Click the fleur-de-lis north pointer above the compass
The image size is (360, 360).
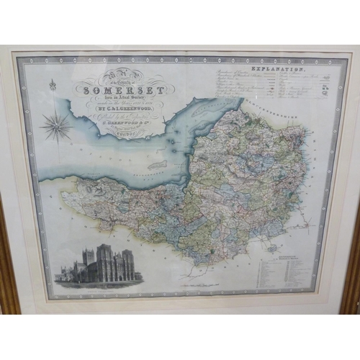coord(53,86)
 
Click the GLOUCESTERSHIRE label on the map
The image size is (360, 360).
coord(274,108)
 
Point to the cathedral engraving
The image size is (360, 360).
coord(99,266)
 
